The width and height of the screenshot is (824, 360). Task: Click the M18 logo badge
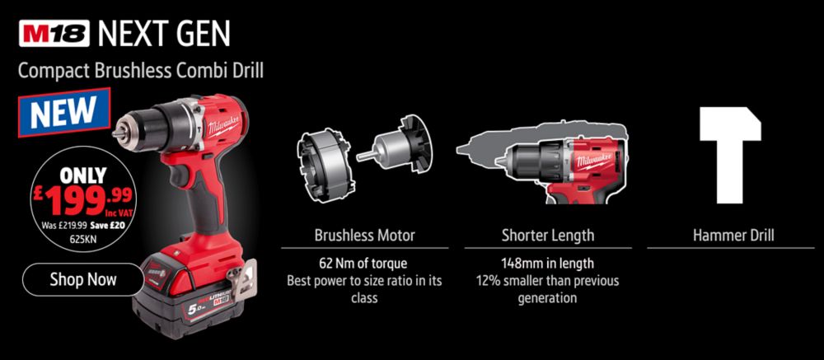coord(54,34)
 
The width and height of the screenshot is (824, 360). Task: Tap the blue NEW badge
coord(64,112)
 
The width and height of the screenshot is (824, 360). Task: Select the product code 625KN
coord(82,237)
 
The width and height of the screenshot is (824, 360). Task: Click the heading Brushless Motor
coord(365,235)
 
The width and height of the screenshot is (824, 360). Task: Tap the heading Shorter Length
coord(548,236)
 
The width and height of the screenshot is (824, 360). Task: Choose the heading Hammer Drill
coord(733,235)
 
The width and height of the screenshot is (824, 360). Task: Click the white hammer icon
coord(731,152)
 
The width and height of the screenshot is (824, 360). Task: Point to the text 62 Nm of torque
coord(363,262)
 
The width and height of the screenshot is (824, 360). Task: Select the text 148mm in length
coord(548,262)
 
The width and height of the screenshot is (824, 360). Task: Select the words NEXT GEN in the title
coord(164,34)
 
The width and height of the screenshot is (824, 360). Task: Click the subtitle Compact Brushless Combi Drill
coord(141,70)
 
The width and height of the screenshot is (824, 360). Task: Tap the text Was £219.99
coord(64,226)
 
